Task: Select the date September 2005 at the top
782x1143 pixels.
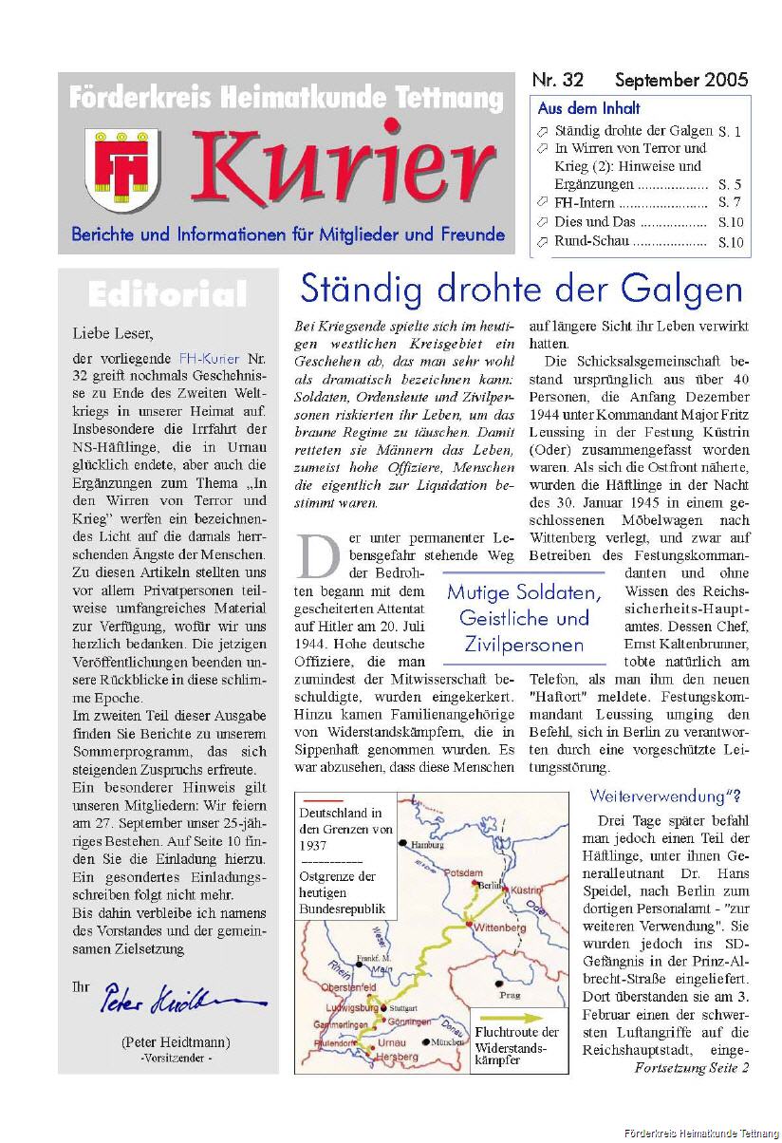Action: pos(681,80)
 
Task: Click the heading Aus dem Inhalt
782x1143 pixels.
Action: pos(588,108)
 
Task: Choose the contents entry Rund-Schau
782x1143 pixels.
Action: pos(591,241)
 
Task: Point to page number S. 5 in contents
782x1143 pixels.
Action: pos(730,184)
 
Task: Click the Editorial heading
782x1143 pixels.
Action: pos(167,294)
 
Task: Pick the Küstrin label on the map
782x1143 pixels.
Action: pos(526,890)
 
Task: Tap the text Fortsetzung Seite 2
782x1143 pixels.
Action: pos(691,1068)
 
